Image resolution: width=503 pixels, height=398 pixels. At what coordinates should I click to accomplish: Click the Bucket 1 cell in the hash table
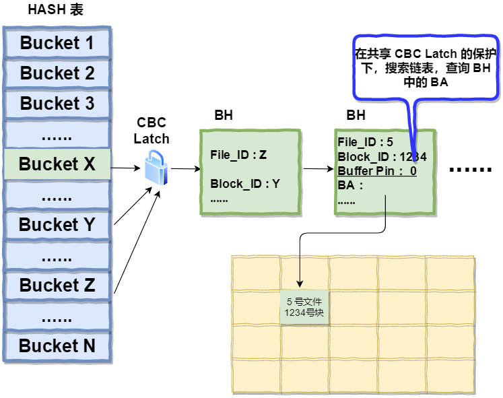57,43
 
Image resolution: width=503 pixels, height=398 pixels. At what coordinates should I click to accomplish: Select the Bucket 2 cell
57,73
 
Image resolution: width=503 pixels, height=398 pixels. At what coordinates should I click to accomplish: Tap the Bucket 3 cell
57,104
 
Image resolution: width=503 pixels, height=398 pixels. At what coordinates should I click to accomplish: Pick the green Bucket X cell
57,164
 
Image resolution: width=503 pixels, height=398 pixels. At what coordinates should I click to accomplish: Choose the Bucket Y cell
57,225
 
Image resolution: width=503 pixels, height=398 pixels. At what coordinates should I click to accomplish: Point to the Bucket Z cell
57,286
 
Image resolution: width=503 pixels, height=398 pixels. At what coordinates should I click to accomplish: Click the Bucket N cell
57,346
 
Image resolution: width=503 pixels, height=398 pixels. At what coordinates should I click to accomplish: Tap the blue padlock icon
156,168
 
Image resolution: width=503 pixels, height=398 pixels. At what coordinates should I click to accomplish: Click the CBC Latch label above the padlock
152,131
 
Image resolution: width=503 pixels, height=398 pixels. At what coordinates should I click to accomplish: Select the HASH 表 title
55,10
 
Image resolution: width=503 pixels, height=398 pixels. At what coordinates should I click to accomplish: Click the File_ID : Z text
238,155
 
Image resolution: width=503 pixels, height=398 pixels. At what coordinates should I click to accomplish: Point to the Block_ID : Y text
244,184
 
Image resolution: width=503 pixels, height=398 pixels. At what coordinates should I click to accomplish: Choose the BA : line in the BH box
350,185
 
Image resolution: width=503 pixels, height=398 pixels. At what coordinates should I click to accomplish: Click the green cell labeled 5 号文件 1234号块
304,307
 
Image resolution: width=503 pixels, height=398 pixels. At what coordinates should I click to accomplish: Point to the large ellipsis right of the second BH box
470,169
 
